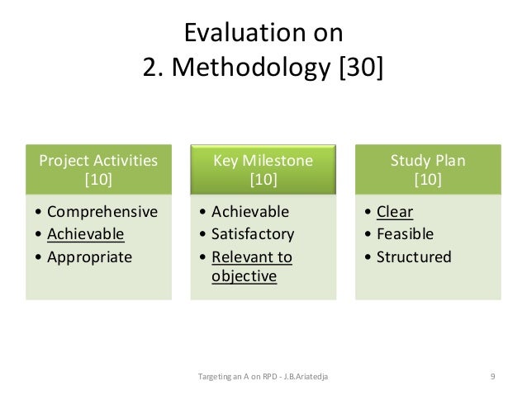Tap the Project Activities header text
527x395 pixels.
coord(99,160)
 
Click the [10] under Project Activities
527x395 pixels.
coord(99,179)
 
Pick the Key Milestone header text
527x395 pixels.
coord(263,160)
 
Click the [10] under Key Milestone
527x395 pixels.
coord(263,179)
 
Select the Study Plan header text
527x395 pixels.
coord(428,160)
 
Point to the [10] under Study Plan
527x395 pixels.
coord(428,179)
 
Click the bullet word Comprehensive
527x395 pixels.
coord(102,211)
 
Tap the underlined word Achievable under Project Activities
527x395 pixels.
coord(85,234)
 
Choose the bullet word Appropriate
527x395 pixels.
coord(89,256)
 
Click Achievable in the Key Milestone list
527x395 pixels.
coord(251,211)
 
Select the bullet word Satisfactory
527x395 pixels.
coord(253,234)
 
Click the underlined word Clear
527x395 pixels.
coord(395,211)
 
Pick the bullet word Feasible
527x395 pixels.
coord(405,234)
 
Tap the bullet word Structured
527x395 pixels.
coord(414,256)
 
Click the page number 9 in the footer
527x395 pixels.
coord(492,377)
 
